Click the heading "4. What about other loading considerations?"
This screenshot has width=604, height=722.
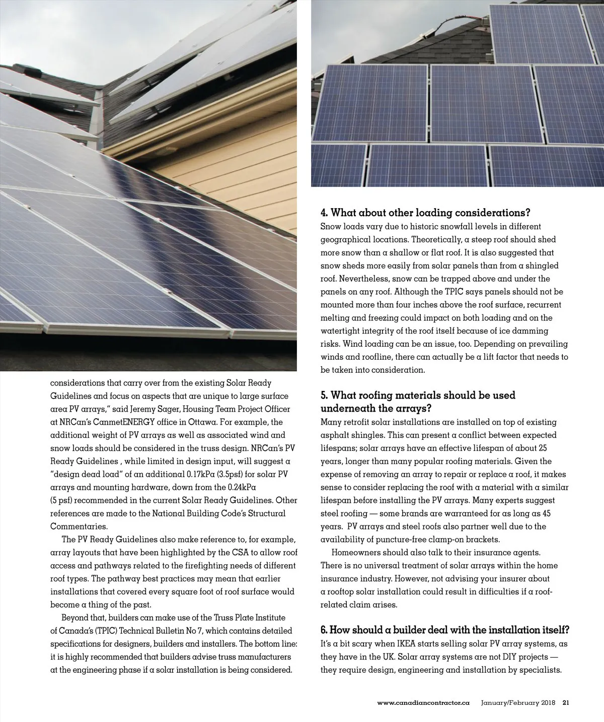click(426, 213)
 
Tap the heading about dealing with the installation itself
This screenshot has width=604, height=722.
click(445, 630)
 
